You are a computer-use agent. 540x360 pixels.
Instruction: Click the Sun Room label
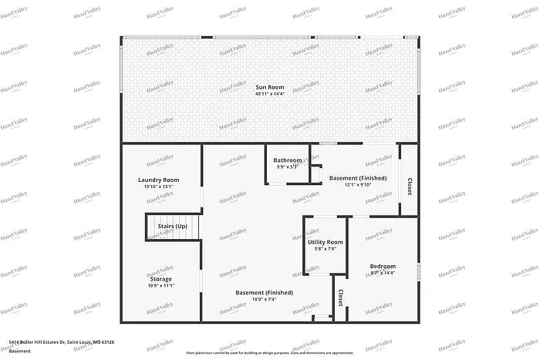click(270, 87)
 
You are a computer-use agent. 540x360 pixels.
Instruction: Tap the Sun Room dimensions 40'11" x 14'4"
click(270, 94)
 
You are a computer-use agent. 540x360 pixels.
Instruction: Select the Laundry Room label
click(159, 180)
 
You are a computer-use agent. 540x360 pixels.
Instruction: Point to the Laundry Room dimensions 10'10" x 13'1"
click(159, 187)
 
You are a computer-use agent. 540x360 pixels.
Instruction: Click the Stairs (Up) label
click(172, 226)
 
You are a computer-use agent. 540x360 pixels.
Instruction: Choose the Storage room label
click(161, 278)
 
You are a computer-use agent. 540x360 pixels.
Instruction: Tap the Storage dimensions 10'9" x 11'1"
click(161, 285)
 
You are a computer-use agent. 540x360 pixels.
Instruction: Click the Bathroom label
click(288, 160)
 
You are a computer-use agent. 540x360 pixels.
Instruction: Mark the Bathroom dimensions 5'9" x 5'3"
click(288, 167)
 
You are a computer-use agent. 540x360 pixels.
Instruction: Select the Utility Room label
click(326, 243)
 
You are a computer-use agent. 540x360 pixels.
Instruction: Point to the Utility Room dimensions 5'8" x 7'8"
click(326, 249)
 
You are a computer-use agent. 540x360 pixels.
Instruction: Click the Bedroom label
click(383, 266)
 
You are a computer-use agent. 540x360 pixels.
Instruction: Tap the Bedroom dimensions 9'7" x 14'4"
click(383, 273)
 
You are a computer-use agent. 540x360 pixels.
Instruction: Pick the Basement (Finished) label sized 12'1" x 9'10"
click(358, 178)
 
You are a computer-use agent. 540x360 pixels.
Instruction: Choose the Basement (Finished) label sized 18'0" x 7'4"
click(264, 292)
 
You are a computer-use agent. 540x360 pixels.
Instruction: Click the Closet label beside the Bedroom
click(340, 297)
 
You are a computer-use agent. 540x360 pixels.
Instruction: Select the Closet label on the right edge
click(409, 186)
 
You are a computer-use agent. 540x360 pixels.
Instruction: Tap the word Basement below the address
click(21, 351)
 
